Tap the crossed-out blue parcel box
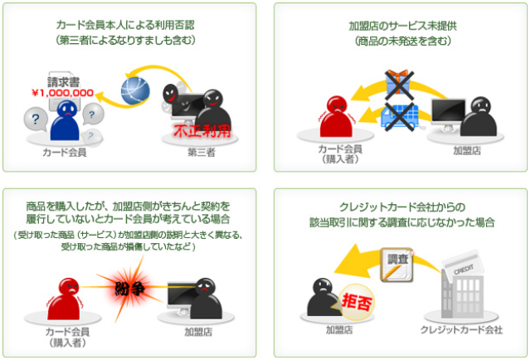[397, 115]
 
